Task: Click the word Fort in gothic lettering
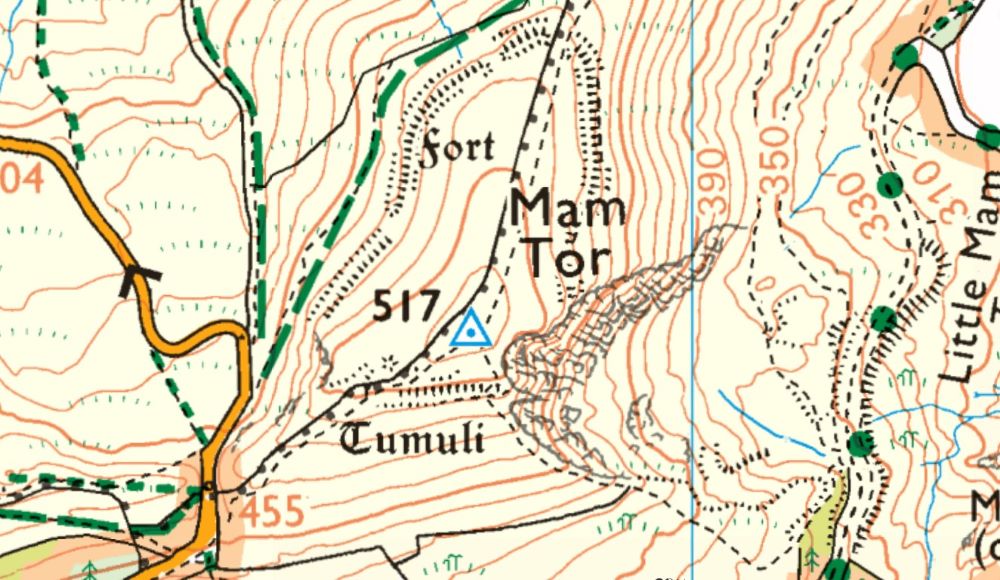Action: pos(457,149)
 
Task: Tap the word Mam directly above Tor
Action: pos(568,209)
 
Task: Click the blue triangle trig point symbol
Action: pos(469,329)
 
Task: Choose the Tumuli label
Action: pos(413,438)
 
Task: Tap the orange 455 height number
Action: pos(272,512)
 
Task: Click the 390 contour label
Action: pos(710,180)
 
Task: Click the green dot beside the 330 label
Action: pos(889,185)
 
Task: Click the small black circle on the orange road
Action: pos(208,489)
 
